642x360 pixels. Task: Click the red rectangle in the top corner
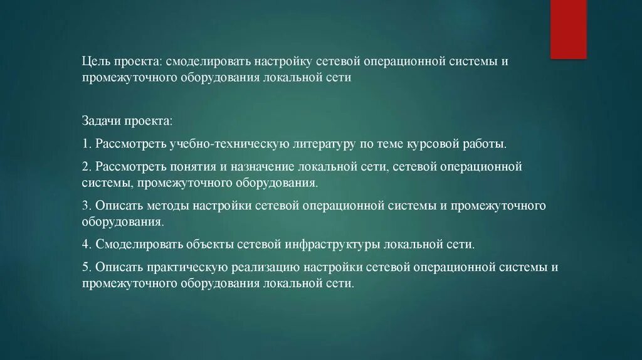point(568,29)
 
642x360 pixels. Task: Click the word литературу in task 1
point(322,144)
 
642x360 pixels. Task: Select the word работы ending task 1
point(485,144)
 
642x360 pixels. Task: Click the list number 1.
point(85,144)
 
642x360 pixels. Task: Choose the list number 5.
point(85,267)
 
